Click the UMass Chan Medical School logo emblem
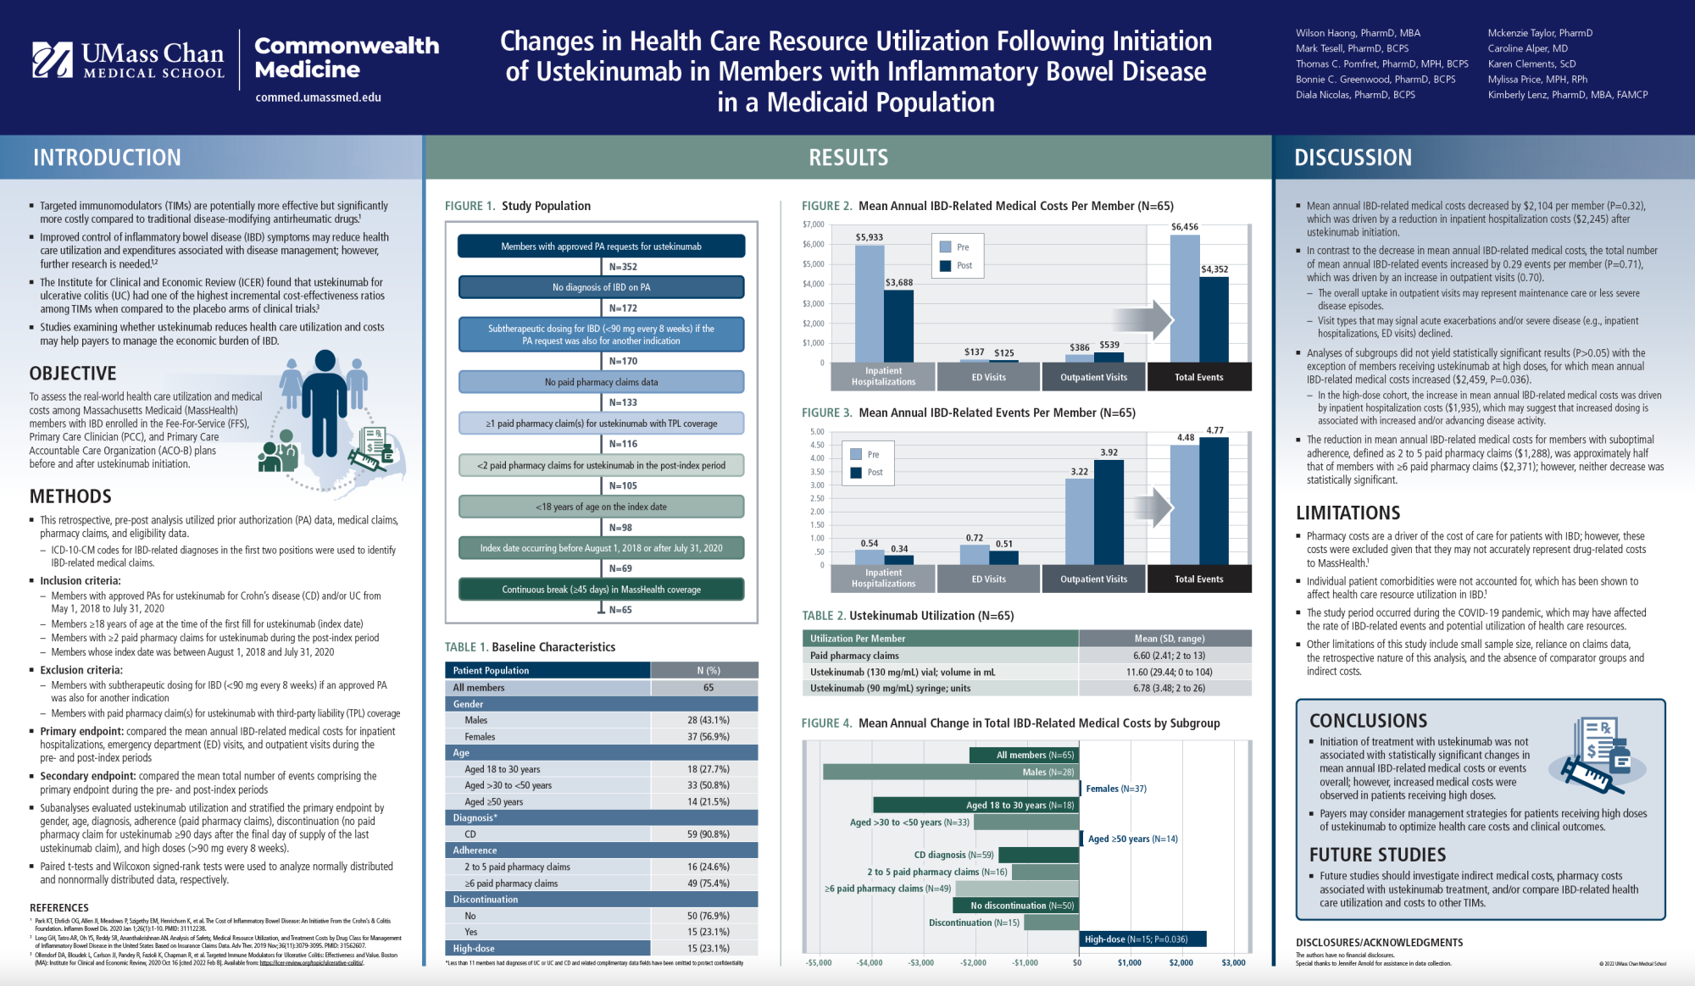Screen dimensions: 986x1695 click(53, 60)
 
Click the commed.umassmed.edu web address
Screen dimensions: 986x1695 click(318, 97)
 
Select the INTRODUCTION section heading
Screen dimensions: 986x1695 click(107, 158)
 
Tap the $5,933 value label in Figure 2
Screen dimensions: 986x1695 click(869, 237)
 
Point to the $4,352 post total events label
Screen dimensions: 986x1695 click(1214, 269)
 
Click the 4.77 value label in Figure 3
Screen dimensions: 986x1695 click(1214, 430)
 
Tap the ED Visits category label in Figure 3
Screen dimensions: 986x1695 click(988, 579)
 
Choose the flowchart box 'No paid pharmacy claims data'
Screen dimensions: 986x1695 click(601, 382)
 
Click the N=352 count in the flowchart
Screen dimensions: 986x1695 click(623, 267)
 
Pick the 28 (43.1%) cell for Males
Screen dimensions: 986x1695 click(708, 720)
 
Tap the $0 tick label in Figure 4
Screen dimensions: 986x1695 click(1077, 963)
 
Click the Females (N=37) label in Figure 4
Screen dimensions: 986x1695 click(1115, 789)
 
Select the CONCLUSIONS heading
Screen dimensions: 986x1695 click(1368, 721)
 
